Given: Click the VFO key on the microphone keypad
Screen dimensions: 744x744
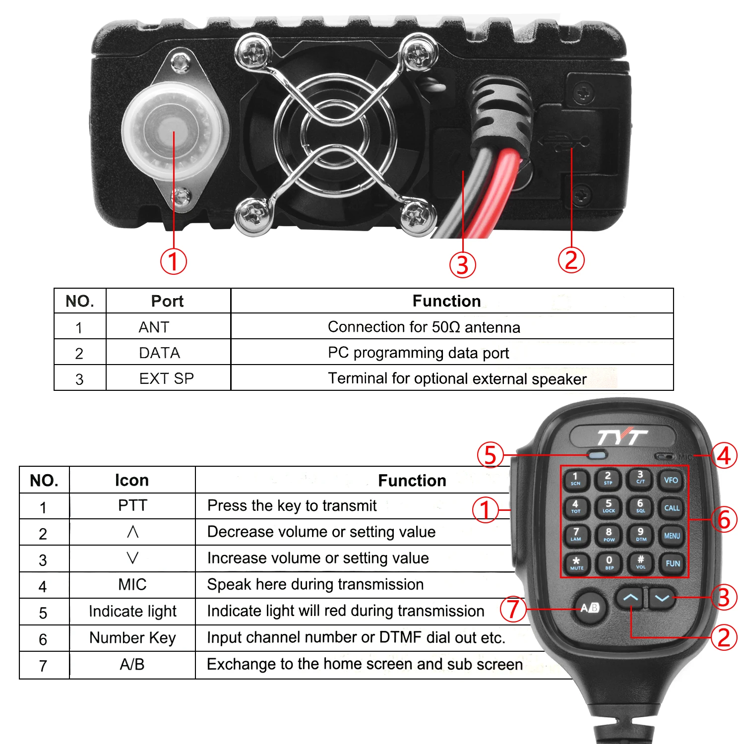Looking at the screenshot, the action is (671, 480).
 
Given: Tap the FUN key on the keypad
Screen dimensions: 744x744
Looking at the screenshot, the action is (673, 563).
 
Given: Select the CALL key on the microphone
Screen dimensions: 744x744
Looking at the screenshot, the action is (672, 508).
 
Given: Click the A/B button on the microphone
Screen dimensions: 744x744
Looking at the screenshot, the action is (590, 608).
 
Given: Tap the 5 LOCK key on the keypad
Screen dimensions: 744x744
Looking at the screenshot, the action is (609, 506).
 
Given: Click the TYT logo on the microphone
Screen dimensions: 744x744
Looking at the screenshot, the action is (621, 437).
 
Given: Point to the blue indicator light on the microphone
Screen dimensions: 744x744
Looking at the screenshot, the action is (598, 454).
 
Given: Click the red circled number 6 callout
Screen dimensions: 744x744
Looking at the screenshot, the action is (724, 520).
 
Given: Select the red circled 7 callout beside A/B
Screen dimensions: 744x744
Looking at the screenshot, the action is (513, 609).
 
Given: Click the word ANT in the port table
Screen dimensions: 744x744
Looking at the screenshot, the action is (154, 327).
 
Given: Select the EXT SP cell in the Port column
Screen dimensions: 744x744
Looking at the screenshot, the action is (166, 379).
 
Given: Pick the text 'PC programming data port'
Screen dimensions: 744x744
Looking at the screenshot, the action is (418, 353).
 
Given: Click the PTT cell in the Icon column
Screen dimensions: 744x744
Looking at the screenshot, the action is (132, 505).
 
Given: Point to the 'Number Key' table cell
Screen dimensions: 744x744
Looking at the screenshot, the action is (132, 638).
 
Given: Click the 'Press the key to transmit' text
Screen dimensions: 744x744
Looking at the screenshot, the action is (292, 505).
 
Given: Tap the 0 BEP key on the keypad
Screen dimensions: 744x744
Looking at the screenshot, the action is (609, 562).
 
